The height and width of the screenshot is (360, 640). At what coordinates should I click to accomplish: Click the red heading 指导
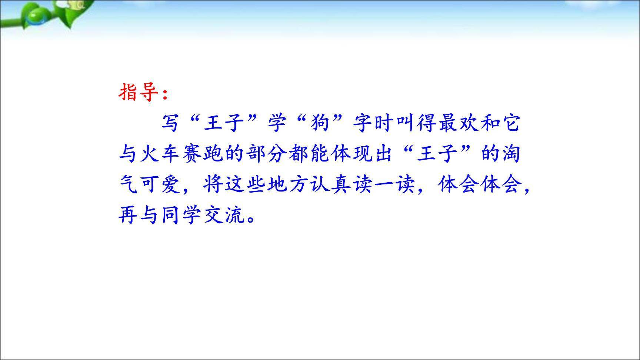tap(139, 92)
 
